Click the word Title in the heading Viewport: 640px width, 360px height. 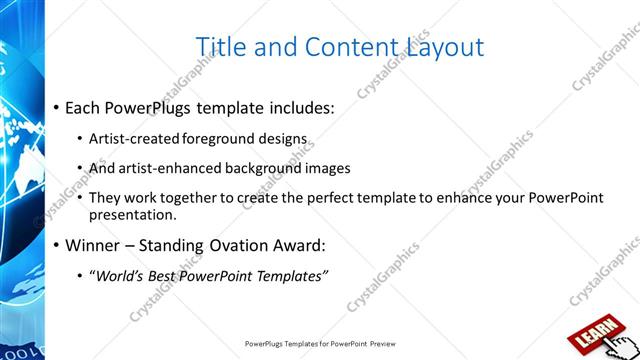[x=222, y=47]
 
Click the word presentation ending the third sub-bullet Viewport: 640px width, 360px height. [x=133, y=215]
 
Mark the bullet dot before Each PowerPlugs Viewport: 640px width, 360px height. [x=56, y=107]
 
